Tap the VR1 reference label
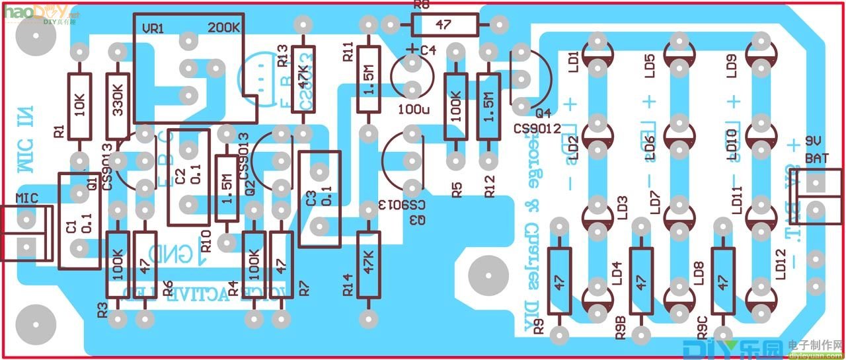[x=153, y=29]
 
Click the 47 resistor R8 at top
[x=443, y=25]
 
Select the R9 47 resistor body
[x=560, y=281]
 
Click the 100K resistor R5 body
[x=455, y=106]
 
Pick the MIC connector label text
[x=27, y=197]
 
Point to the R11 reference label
[x=348, y=52]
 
